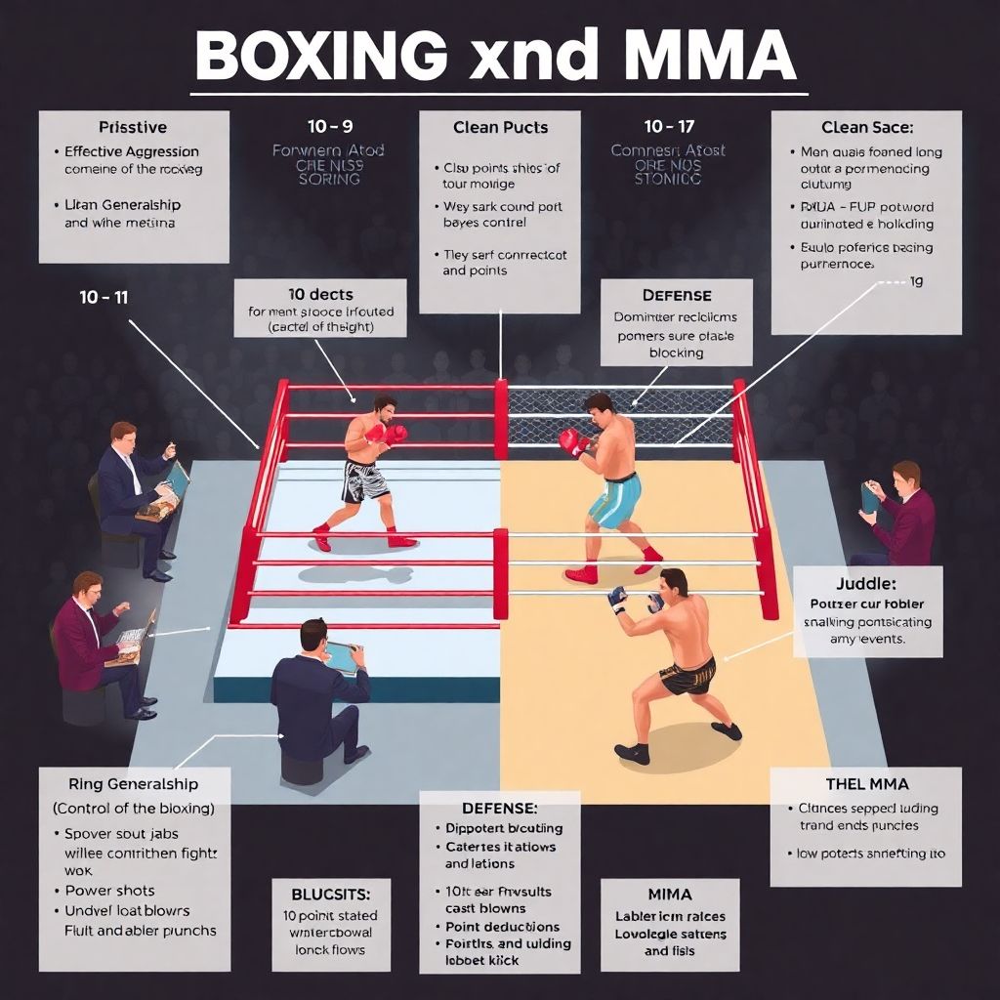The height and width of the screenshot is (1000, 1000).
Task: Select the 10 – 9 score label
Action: click(x=330, y=127)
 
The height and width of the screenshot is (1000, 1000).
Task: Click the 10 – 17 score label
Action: click(x=669, y=127)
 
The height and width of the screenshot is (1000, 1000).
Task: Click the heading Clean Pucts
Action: click(x=500, y=127)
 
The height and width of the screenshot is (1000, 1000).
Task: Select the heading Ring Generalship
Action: click(x=134, y=783)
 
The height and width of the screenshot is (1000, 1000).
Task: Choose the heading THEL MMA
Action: click(x=867, y=783)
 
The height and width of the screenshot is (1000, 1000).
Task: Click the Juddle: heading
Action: click(x=867, y=584)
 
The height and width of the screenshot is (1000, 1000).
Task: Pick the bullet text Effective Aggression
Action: click(x=132, y=151)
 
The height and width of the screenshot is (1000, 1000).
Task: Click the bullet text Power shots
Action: click(x=110, y=891)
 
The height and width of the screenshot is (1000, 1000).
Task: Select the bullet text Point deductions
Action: click(x=503, y=926)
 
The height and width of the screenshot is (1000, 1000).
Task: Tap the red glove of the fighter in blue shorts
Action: click(x=571, y=442)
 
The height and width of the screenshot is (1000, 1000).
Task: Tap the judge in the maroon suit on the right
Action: click(x=898, y=518)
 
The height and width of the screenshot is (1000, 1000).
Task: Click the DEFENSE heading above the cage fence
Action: click(x=676, y=295)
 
